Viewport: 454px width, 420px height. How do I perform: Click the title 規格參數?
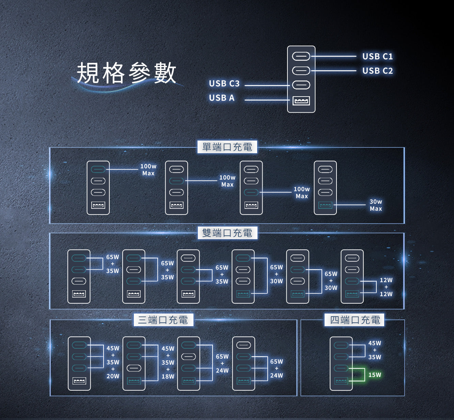pyautogui.click(x=126, y=73)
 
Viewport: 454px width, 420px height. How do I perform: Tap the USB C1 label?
pyautogui.click(x=377, y=56)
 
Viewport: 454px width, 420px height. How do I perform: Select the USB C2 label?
pyautogui.click(x=377, y=71)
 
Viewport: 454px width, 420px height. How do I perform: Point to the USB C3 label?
pyautogui.click(x=224, y=84)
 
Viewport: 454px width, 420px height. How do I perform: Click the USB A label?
pyautogui.click(x=222, y=98)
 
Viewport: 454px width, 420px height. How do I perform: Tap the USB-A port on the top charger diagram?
pyautogui.click(x=301, y=101)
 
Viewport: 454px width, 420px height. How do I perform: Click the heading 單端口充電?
pyautogui.click(x=227, y=147)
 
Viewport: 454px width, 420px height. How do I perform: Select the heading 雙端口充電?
pyautogui.click(x=227, y=233)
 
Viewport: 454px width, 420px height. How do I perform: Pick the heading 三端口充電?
pyautogui.click(x=163, y=320)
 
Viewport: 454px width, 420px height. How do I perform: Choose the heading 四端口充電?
pyautogui.click(x=355, y=320)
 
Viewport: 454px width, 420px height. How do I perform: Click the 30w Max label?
pyautogui.click(x=376, y=205)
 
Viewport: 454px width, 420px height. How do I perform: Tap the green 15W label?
pyautogui.click(x=375, y=375)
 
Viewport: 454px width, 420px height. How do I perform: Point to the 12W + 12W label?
pyautogui.click(x=386, y=287)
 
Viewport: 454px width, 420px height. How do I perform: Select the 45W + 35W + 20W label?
pyautogui.click(x=113, y=362)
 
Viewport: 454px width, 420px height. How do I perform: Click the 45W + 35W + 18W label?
pyautogui.click(x=168, y=363)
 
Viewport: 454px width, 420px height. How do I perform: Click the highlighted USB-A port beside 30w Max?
pyautogui.click(x=325, y=205)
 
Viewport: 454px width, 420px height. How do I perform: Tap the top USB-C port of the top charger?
pyautogui.click(x=301, y=56)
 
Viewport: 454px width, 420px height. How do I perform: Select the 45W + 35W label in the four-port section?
pyautogui.click(x=375, y=350)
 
